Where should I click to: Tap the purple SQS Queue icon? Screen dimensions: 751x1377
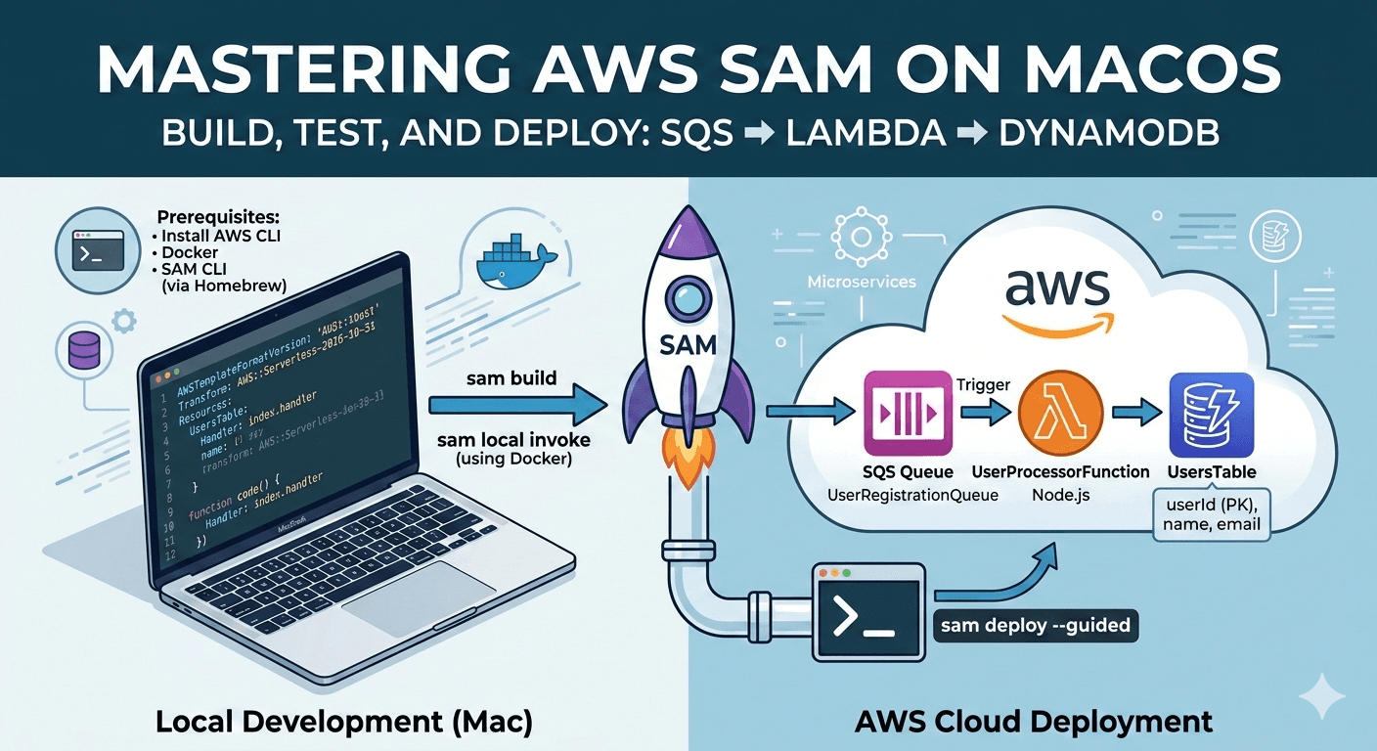909,413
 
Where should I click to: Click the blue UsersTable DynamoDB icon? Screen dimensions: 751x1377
1205,413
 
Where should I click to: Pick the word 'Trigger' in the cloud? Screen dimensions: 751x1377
984,384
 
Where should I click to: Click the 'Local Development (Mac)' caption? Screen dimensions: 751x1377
344,722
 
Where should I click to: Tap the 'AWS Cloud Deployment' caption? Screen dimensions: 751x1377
1034,722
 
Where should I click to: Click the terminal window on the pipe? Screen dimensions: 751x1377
868,612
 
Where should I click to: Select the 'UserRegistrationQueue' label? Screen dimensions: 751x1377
911,495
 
